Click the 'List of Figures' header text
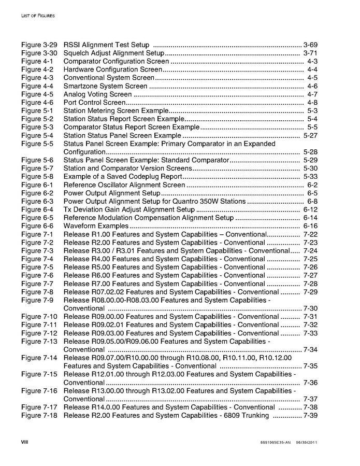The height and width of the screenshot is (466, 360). (x=37, y=16)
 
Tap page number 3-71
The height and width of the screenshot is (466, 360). (x=310, y=53)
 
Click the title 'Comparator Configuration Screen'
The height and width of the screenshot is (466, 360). (x=116, y=62)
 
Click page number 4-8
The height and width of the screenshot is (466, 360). (x=312, y=103)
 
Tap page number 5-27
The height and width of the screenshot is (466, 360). (x=310, y=136)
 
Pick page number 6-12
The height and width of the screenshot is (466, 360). (x=310, y=210)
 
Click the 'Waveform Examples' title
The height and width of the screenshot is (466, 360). (x=96, y=227)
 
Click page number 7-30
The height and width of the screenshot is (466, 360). (x=310, y=308)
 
